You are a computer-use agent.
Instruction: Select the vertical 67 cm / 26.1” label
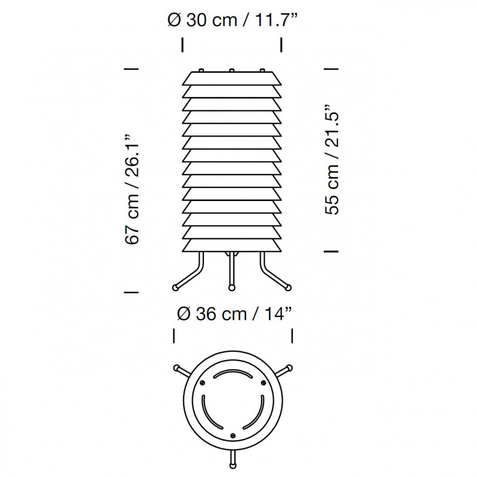(x=133, y=188)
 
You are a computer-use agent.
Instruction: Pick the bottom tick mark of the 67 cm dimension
(x=131, y=292)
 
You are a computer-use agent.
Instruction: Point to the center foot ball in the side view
(x=231, y=288)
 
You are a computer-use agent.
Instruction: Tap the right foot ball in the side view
(x=288, y=287)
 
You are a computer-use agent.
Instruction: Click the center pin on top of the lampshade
(x=231, y=70)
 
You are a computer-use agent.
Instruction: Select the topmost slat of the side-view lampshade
(x=231, y=78)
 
